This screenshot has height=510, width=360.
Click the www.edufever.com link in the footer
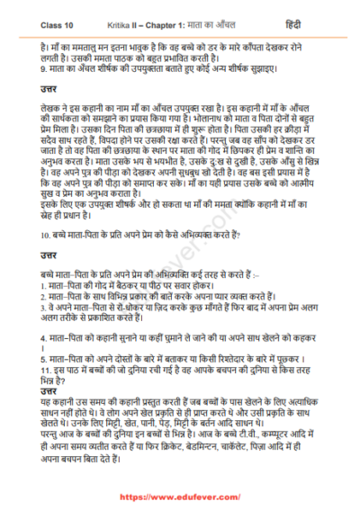click(180, 497)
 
